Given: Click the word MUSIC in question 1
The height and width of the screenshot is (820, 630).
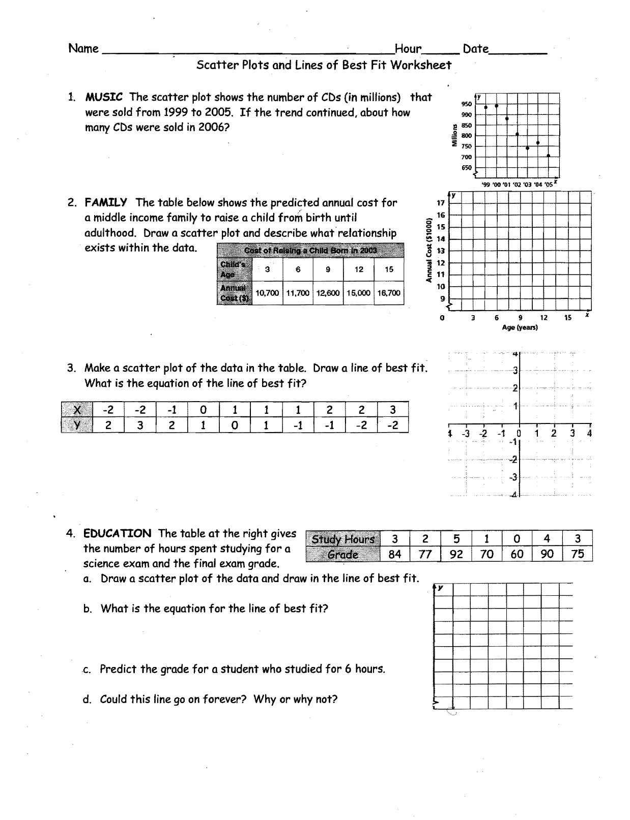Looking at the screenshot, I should point(104,97).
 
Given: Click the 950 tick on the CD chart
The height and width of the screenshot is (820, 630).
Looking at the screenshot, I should point(466,104).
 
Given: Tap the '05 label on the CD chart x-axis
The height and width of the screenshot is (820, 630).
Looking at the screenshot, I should point(548,185).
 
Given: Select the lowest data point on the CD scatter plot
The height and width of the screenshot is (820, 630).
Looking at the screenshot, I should point(548,156).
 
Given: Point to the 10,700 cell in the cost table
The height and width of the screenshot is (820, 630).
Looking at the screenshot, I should point(267,293).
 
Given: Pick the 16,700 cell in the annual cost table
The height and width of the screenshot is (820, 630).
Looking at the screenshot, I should point(389,293).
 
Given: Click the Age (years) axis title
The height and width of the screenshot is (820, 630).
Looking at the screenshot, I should point(520,328).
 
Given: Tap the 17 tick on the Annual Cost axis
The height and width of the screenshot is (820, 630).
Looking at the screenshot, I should point(441,203).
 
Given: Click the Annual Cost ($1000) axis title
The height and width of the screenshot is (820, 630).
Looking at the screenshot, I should point(429,250).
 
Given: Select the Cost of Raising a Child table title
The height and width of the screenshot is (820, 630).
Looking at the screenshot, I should point(310,250).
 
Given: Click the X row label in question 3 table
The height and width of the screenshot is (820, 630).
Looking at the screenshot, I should point(77,410).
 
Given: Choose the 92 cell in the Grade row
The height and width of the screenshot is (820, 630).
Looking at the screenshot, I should point(456,554).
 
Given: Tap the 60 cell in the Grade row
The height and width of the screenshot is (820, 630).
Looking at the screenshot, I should point(517,554).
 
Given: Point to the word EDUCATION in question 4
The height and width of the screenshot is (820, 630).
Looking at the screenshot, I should point(118,533).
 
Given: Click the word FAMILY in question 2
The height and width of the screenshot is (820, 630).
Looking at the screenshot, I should point(106,203).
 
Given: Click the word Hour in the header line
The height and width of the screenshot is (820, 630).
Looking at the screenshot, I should point(408,49).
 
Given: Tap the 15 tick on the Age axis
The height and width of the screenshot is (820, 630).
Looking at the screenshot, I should point(568,318).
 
